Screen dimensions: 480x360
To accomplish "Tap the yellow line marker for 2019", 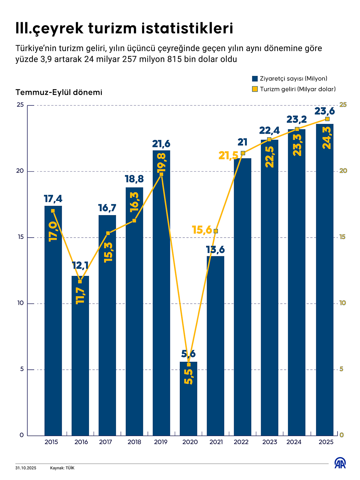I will click(x=161, y=174).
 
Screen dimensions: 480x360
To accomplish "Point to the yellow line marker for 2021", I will click(x=216, y=231).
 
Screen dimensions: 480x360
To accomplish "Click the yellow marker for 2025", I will click(x=327, y=119).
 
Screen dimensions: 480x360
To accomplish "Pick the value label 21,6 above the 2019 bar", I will click(x=161, y=144).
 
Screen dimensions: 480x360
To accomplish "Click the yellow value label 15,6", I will click(x=202, y=230).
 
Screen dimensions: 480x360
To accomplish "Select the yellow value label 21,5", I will click(x=228, y=156).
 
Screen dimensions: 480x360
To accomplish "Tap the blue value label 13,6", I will click(x=215, y=249).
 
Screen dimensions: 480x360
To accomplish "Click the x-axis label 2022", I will click(x=241, y=442).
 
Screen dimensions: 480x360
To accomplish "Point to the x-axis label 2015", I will click(x=51, y=442).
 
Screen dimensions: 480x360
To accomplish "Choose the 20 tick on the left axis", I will click(x=20, y=171).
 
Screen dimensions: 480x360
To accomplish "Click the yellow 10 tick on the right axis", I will click(x=343, y=303).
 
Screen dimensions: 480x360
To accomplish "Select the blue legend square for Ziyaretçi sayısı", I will click(x=255, y=79).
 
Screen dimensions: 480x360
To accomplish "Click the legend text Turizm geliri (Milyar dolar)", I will click(x=298, y=89).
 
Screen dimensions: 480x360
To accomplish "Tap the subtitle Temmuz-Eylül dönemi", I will click(x=59, y=93).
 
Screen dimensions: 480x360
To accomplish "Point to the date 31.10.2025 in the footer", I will click(x=26, y=468).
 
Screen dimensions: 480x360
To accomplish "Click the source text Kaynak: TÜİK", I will click(x=62, y=468).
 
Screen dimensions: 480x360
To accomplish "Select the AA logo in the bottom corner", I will click(x=340, y=463).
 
